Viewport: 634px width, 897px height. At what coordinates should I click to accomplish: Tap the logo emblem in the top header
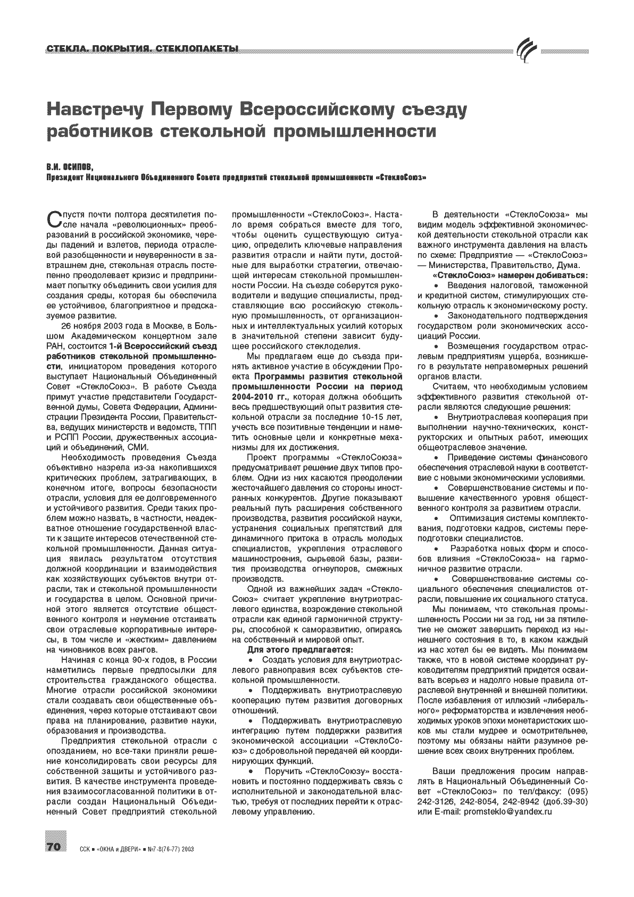click(x=527, y=51)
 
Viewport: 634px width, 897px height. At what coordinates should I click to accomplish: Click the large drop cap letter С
click(x=54, y=219)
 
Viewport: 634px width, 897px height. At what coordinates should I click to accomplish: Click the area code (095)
click(x=577, y=792)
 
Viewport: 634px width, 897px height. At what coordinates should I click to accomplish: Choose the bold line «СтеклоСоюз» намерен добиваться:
click(x=510, y=275)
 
